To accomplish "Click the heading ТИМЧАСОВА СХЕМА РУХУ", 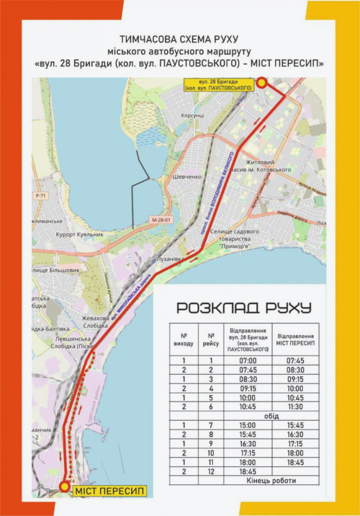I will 179,39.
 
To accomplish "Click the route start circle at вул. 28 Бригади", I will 262,83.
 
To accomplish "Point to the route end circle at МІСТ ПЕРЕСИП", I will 64,486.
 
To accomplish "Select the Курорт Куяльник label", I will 80,234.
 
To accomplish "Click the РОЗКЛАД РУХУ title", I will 244,308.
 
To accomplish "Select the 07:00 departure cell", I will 247,360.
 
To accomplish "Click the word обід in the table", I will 271,416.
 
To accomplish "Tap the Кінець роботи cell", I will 271,480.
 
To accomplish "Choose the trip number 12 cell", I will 211,471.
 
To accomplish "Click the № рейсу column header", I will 211,338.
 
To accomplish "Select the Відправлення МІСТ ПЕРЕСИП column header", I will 296,339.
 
